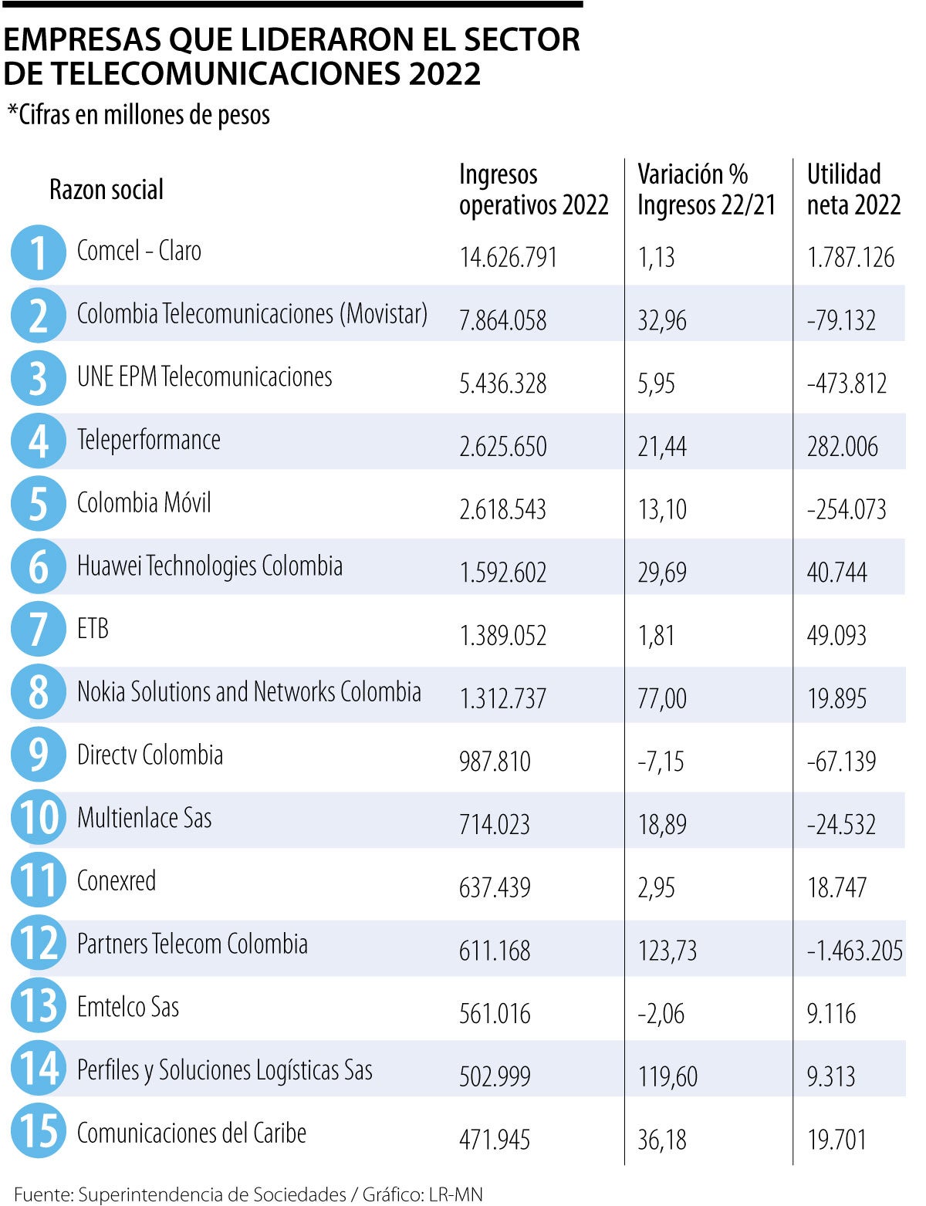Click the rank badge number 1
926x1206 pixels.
click(x=38, y=252)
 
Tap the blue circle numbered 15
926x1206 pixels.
click(x=38, y=1131)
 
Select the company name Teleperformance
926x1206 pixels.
click(x=148, y=440)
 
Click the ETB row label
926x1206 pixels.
click(x=93, y=629)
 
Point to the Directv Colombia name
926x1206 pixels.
click(x=150, y=755)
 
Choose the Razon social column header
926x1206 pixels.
click(x=106, y=190)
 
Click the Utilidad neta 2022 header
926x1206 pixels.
click(x=853, y=190)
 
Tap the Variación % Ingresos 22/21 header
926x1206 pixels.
click(x=705, y=190)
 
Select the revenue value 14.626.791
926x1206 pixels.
click(x=508, y=257)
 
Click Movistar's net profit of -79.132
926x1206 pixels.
click(x=841, y=320)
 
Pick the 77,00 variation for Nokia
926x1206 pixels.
click(x=661, y=698)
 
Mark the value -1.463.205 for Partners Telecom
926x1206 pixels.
click(x=854, y=951)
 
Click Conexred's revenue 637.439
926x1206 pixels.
click(x=495, y=887)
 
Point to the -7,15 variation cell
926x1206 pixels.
click(x=661, y=762)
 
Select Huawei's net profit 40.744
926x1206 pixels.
click(x=836, y=573)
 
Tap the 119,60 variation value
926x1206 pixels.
click(x=667, y=1076)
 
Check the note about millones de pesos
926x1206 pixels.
click(x=139, y=115)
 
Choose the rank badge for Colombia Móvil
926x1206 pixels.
click(x=38, y=504)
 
